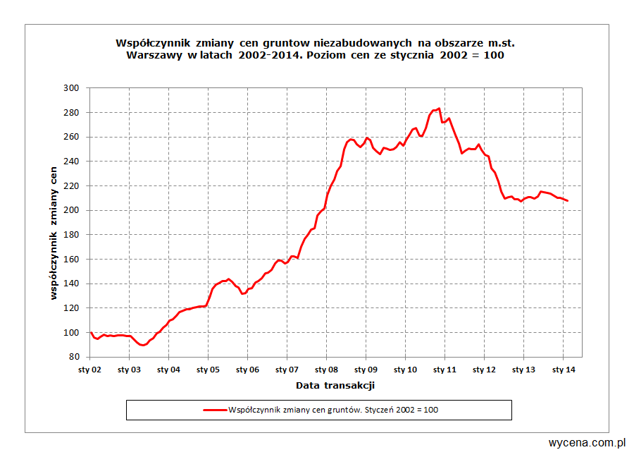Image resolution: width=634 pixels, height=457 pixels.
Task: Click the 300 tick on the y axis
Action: pyautogui.click(x=73, y=88)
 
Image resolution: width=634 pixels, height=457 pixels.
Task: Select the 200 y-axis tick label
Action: pyautogui.click(x=73, y=210)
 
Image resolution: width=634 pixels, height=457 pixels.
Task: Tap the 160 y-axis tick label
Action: pyautogui.click(x=73, y=259)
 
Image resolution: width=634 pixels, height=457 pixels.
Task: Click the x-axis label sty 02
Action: pyautogui.click(x=89, y=369)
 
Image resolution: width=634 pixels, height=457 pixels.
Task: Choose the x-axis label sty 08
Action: pyautogui.click(x=325, y=369)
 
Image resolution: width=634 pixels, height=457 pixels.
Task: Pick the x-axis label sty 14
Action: pyautogui.click(x=561, y=369)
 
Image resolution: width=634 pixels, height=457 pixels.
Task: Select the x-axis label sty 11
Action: pyautogui.click(x=444, y=369)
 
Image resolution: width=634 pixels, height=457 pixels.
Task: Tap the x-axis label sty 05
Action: pyautogui.click(x=207, y=369)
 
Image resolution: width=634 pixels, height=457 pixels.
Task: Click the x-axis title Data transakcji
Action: pyautogui.click(x=335, y=385)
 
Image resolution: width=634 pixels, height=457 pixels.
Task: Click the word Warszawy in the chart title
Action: pyautogui.click(x=155, y=56)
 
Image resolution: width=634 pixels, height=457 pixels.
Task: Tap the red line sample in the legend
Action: pyautogui.click(x=215, y=410)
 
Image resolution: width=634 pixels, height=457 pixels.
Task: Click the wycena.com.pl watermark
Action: pyautogui.click(x=588, y=443)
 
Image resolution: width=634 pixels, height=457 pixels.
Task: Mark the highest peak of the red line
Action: pyautogui.click(x=439, y=109)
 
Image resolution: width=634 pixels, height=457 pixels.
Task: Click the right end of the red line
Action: pyautogui.click(x=568, y=201)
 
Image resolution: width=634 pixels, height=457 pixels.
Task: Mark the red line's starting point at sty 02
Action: pyautogui.click(x=91, y=332)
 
